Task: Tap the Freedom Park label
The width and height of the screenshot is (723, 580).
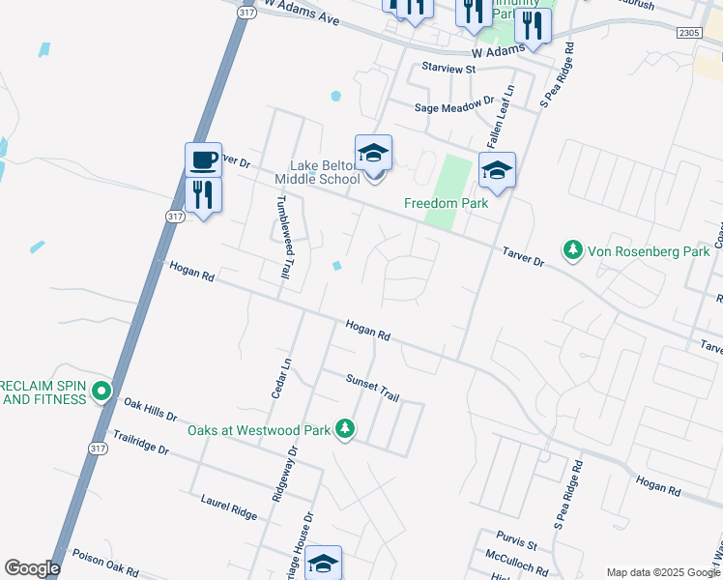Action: pyautogui.click(x=446, y=203)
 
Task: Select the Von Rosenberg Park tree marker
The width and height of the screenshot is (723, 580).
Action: pyautogui.click(x=573, y=250)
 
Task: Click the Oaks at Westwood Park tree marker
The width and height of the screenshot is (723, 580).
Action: pyautogui.click(x=345, y=430)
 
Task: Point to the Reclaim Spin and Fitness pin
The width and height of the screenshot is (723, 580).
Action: pyautogui.click(x=102, y=391)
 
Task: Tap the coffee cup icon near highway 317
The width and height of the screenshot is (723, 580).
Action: pyautogui.click(x=203, y=159)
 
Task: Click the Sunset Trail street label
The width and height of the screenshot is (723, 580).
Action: pyautogui.click(x=372, y=388)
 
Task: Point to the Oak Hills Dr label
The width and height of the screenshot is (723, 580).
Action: pyautogui.click(x=150, y=410)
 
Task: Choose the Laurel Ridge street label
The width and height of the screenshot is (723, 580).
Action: pyautogui.click(x=228, y=507)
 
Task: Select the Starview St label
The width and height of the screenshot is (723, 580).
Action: pyautogui.click(x=449, y=69)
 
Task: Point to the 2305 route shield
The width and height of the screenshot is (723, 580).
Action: pyautogui.click(x=688, y=32)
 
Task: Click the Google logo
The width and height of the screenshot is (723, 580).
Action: pyautogui.click(x=32, y=568)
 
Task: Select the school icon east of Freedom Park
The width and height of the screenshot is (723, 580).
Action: pyautogui.click(x=497, y=170)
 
